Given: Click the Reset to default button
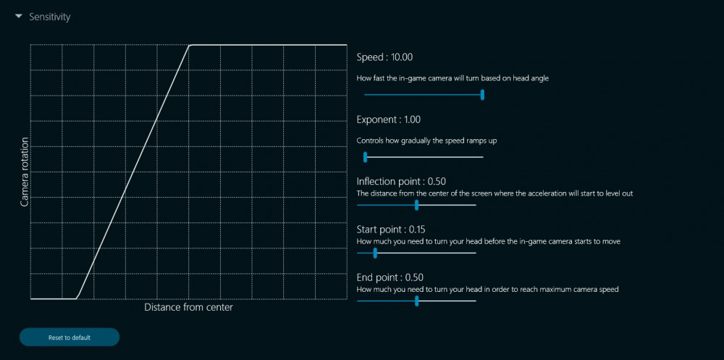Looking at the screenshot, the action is pyautogui.click(x=70, y=338).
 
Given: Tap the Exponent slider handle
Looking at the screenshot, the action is pyautogui.click(x=365, y=157).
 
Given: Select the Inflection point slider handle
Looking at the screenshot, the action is pyautogui.click(x=416, y=205).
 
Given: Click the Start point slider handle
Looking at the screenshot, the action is pyautogui.click(x=375, y=253).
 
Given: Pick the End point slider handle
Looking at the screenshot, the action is pyautogui.click(x=416, y=301).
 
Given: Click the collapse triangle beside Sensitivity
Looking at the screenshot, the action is pyautogui.click(x=19, y=17).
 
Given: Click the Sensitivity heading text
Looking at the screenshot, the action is pyautogui.click(x=50, y=17).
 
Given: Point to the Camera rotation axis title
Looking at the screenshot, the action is pyautogui.click(x=25, y=172).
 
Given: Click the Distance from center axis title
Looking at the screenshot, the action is pyautogui.click(x=188, y=307).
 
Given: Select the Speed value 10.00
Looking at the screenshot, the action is pyautogui.click(x=402, y=57).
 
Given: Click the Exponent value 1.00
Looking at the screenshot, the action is pyautogui.click(x=413, y=120).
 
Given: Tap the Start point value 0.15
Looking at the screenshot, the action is pyautogui.click(x=417, y=230).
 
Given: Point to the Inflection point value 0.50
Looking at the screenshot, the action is pyautogui.click(x=437, y=182).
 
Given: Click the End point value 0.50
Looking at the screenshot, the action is pyautogui.click(x=414, y=277).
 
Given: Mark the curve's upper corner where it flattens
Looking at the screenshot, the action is pyautogui.click(x=190, y=45).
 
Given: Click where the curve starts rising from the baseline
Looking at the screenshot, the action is pyautogui.click(x=76, y=298).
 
